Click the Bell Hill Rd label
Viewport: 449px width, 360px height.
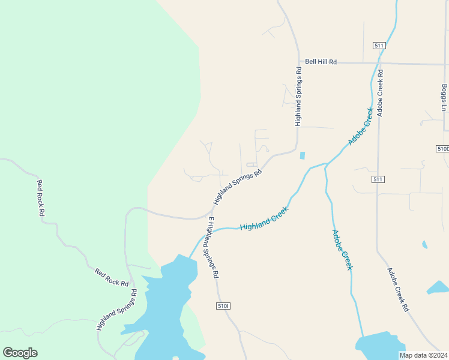pos(321,62)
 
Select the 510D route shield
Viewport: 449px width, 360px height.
pos(442,148)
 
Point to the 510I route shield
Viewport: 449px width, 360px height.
pos(223,306)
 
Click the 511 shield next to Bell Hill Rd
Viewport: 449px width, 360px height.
pos(378,46)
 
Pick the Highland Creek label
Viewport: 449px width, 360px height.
pos(264,219)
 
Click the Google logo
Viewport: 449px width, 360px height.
pos(20,353)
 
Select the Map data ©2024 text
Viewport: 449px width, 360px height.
pos(424,355)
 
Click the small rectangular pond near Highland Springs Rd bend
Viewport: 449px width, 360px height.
pos(302,155)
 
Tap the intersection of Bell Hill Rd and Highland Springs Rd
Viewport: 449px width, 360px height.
pos(299,62)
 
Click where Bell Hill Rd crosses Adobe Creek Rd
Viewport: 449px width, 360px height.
pos(379,63)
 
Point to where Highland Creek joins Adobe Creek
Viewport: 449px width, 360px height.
pos(325,164)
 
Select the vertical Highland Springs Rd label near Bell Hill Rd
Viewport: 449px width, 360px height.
pos(298,96)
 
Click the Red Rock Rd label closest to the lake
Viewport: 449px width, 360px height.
pos(112,277)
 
